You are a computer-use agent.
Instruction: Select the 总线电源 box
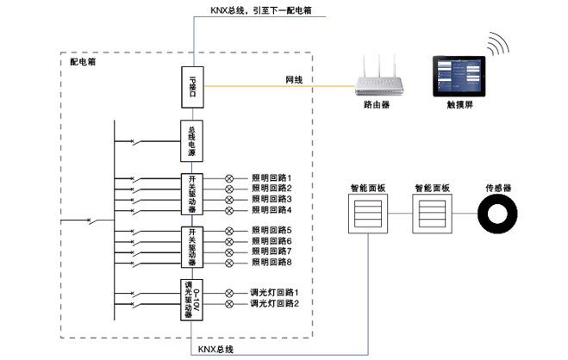coord(191,142)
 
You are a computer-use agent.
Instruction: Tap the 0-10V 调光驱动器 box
coord(191,299)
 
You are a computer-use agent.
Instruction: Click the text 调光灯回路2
coord(274,303)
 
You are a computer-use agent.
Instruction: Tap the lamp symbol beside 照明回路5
coord(229,231)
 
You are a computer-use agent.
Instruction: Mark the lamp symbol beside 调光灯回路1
coord(229,293)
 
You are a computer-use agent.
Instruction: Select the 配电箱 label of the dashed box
coord(83,62)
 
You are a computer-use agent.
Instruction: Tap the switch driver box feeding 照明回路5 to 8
coord(191,246)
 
